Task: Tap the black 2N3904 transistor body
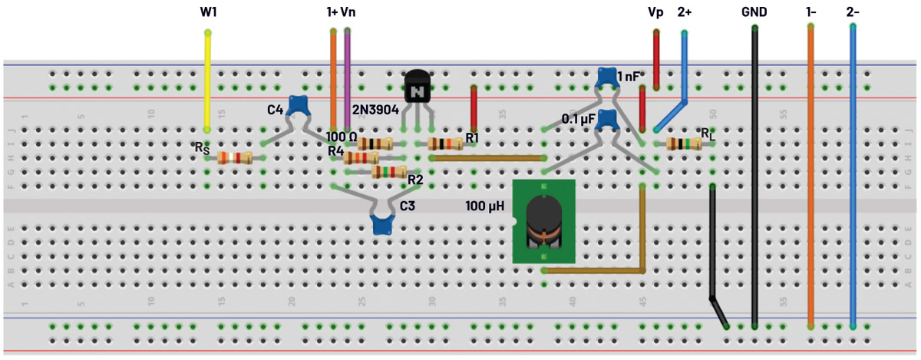pyautogui.click(x=417, y=88)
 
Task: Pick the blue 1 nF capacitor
pyautogui.click(x=606, y=77)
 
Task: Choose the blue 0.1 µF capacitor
pyautogui.click(x=607, y=120)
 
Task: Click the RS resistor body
pyautogui.click(x=235, y=158)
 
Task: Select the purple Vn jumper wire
pyautogui.click(x=348, y=77)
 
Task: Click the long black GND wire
pyautogui.click(x=755, y=177)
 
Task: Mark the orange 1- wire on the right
pyautogui.click(x=810, y=177)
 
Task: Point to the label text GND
pyautogui.click(x=754, y=12)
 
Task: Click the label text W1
pyautogui.click(x=208, y=12)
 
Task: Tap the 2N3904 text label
pyautogui.click(x=375, y=111)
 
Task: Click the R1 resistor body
pyautogui.click(x=444, y=144)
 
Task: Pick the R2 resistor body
pyautogui.click(x=389, y=173)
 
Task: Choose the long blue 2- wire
pyautogui.click(x=853, y=177)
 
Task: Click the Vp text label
pyautogui.click(x=655, y=12)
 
